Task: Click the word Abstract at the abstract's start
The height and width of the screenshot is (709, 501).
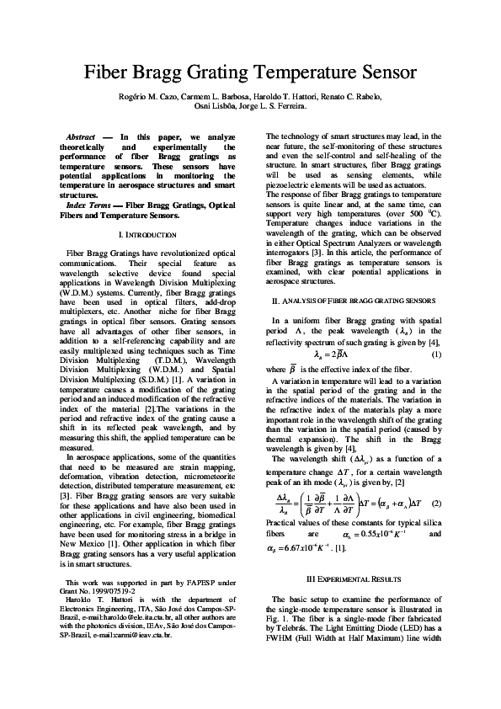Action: tap(81, 136)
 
